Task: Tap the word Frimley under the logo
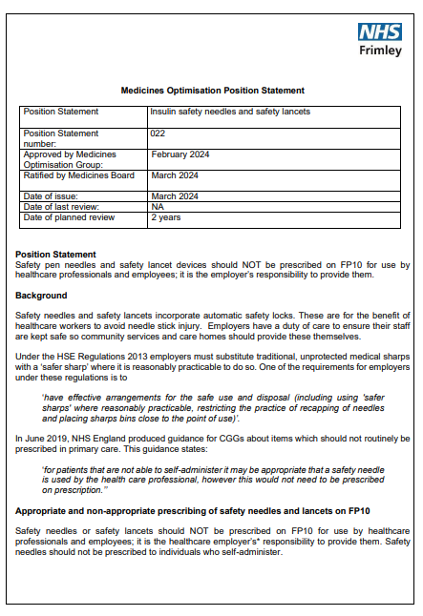380,51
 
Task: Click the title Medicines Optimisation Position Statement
212,91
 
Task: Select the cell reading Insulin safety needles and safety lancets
230,112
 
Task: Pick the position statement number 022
158,133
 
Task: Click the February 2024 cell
180,154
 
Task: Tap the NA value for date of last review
157,207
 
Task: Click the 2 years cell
165,217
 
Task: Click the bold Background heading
41,296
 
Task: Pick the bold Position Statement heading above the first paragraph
55,255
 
